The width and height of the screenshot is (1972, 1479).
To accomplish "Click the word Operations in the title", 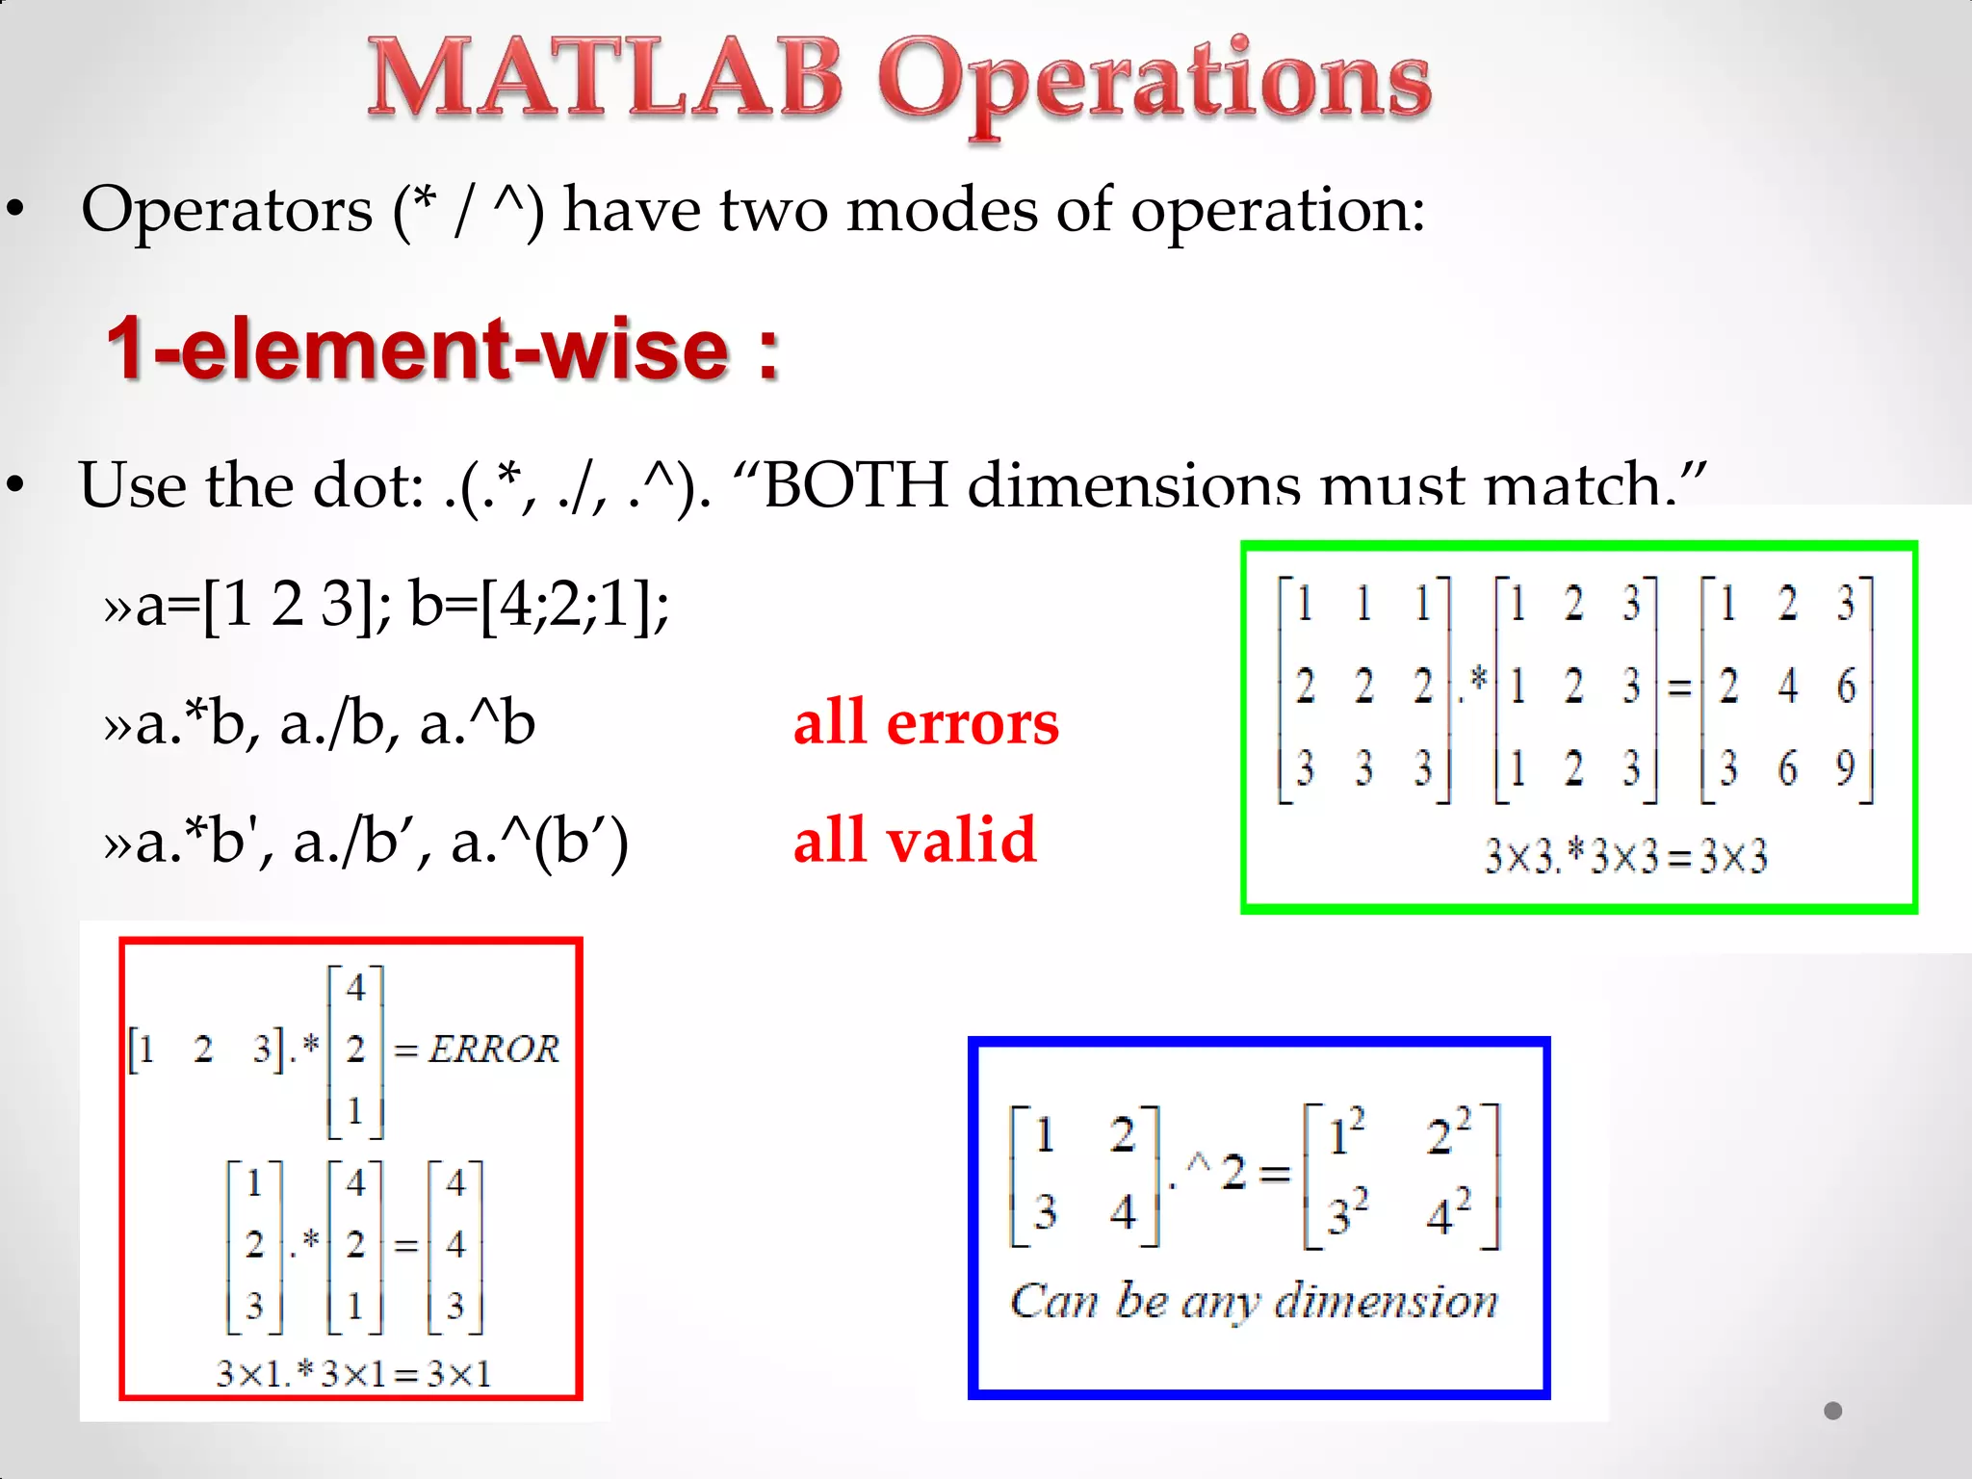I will [x=1154, y=85].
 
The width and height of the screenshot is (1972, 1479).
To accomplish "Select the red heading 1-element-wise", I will [x=441, y=349].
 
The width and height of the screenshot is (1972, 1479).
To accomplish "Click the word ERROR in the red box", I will [x=493, y=1049].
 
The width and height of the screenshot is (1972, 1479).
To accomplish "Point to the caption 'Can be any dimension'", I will [x=1254, y=1302].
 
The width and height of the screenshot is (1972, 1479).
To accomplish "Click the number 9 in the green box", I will [x=1844, y=767].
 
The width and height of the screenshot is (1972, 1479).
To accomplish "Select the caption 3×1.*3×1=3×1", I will [x=353, y=1373].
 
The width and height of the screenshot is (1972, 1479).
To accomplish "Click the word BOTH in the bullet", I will [x=855, y=484].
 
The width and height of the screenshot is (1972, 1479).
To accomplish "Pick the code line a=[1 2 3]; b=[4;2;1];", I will [x=386, y=605].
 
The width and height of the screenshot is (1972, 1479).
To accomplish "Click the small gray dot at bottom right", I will [x=1832, y=1411].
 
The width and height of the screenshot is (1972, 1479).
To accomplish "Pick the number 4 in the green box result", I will [x=1787, y=686].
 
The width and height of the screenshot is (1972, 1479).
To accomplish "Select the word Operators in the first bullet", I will [x=226, y=211].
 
